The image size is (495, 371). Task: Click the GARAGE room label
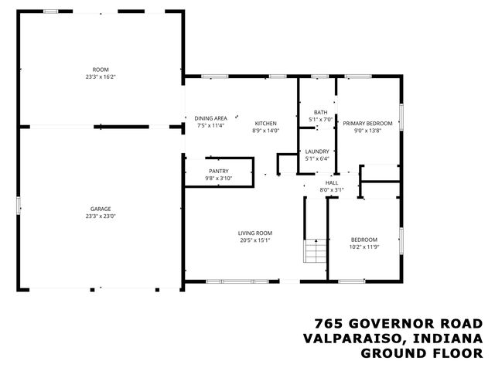point(101,209)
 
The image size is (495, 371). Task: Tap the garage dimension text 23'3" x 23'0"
point(101,216)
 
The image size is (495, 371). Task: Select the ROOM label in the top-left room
point(101,70)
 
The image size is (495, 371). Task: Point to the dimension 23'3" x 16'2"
point(101,77)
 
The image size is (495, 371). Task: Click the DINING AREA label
point(210,117)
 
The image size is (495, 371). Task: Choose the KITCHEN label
point(265,124)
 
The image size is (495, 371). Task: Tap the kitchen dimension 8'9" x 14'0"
point(265,131)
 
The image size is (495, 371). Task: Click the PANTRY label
point(218,171)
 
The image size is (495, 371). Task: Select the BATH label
point(320,112)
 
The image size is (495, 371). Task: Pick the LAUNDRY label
point(317,151)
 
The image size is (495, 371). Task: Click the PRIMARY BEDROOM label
point(367,124)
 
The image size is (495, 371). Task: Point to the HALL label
point(331,182)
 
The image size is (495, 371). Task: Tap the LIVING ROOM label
point(254,233)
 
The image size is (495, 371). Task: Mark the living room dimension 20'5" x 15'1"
point(254,240)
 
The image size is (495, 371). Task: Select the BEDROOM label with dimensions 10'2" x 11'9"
point(364,240)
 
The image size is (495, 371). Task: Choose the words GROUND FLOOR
point(422,353)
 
